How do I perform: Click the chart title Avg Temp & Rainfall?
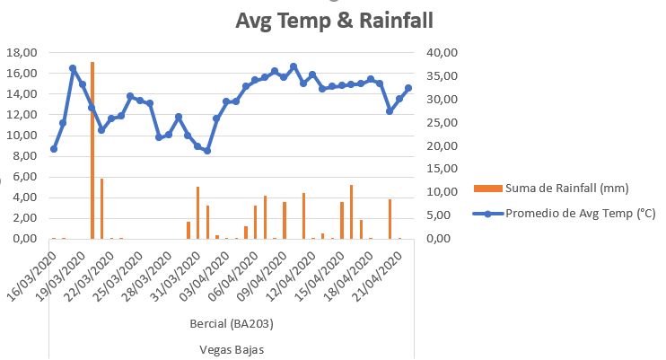[x=335, y=21]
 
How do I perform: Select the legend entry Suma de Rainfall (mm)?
[x=567, y=188]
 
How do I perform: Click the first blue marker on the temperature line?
[x=54, y=149]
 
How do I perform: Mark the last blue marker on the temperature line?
[x=408, y=88]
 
